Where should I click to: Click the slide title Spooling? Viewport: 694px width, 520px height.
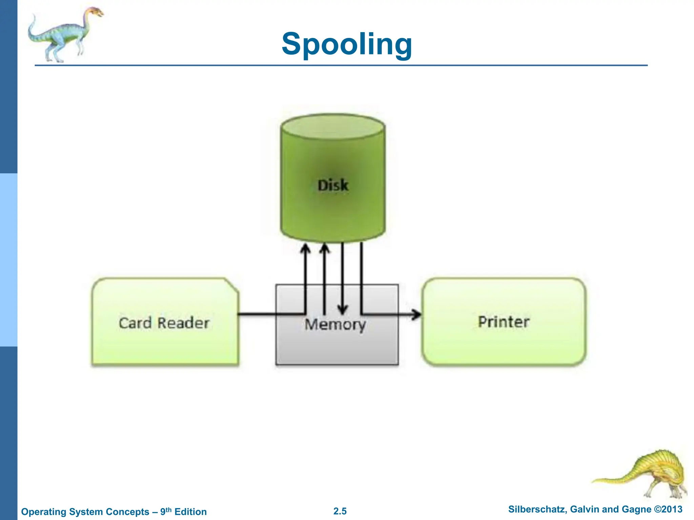tap(347, 44)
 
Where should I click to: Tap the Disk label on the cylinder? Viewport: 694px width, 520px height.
tap(333, 185)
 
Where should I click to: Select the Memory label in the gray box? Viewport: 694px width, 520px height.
tap(335, 324)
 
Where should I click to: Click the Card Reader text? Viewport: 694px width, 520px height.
tap(164, 323)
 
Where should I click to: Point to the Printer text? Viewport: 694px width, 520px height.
tap(504, 322)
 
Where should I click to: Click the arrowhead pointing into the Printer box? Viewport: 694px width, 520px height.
tap(417, 314)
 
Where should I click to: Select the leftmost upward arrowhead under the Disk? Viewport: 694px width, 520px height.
tap(306, 249)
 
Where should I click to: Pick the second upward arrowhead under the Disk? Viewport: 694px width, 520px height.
tap(325, 249)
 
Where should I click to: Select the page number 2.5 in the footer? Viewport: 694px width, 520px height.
tap(340, 511)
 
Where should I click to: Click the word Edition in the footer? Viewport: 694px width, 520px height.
tap(190, 512)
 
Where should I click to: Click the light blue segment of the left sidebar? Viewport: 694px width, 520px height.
tap(8, 260)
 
